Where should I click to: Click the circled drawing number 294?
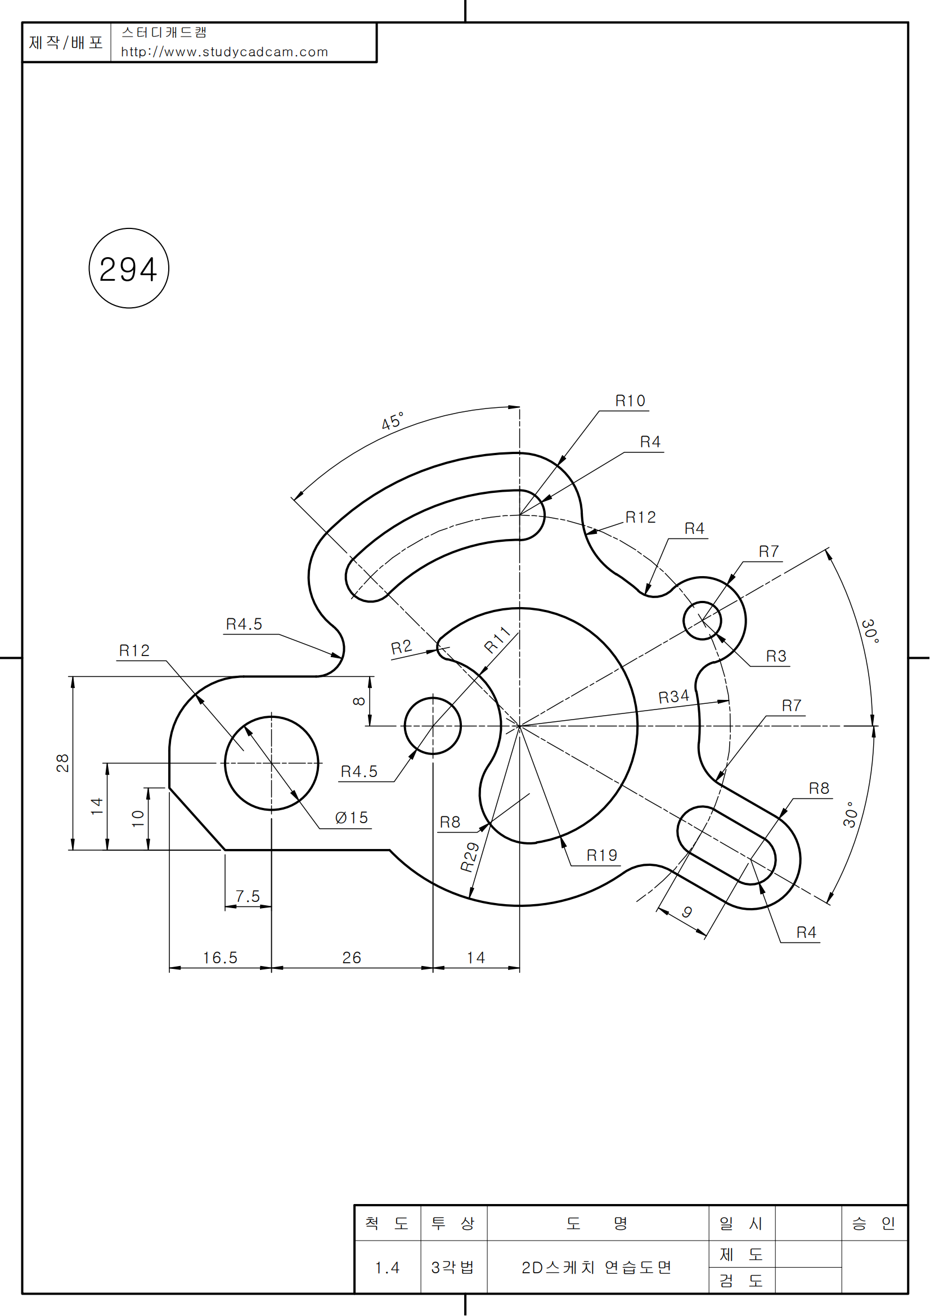(x=128, y=269)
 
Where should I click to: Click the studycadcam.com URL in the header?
(x=224, y=52)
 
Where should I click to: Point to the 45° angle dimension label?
(x=393, y=421)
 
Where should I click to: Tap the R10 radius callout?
(x=630, y=401)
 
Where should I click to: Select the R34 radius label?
(x=673, y=697)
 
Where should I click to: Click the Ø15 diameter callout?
(x=351, y=818)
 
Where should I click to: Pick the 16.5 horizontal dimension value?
(x=220, y=958)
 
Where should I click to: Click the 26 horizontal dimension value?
(x=352, y=958)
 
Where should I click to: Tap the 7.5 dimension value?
(x=248, y=896)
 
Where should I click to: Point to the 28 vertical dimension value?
(x=62, y=763)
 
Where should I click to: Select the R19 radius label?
(x=601, y=856)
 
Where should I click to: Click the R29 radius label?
(x=470, y=857)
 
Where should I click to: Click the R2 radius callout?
(x=401, y=648)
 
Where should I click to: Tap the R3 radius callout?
(x=776, y=656)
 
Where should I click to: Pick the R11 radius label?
(x=497, y=640)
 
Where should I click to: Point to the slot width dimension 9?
(x=687, y=912)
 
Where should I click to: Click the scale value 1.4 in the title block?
(x=387, y=1267)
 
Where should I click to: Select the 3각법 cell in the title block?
(x=453, y=1267)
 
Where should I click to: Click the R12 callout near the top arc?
(x=640, y=518)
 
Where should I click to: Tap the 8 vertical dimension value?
(x=359, y=701)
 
